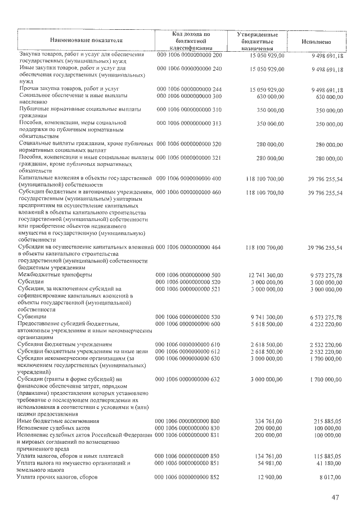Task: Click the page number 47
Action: pos(336,497)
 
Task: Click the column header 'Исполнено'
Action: pos(316,41)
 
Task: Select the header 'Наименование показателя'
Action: pos(85,41)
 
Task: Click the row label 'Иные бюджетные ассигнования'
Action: pos(58,421)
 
